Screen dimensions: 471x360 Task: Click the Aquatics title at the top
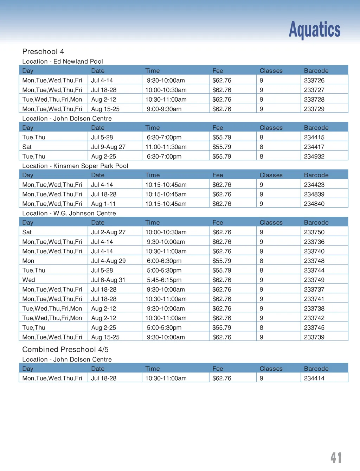coord(314,30)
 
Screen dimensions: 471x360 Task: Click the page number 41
coord(336,458)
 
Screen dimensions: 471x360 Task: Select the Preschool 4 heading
coord(43,52)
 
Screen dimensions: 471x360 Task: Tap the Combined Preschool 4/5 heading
coord(65,350)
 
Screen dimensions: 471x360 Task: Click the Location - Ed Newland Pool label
coord(62,62)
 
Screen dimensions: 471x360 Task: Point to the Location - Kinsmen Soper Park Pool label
coord(75,166)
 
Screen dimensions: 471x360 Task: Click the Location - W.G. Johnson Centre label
coord(69,214)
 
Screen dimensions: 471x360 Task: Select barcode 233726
coord(314,81)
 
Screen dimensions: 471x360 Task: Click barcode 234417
coord(314,147)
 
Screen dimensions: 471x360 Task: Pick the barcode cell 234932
coord(314,157)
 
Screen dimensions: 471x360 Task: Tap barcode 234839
coord(314,194)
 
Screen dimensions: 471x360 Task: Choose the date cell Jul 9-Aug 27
coord(108,147)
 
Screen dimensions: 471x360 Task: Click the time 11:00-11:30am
coord(166,147)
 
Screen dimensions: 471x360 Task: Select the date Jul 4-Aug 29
coord(108,261)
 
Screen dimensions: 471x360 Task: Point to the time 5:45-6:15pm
coord(164,280)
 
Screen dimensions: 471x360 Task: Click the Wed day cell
coord(28,280)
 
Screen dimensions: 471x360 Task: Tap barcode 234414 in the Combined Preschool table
coord(314,378)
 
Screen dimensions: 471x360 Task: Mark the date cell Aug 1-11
coord(103,204)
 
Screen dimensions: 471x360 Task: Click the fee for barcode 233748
coord(221,261)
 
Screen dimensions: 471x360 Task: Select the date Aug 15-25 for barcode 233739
coord(105,337)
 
